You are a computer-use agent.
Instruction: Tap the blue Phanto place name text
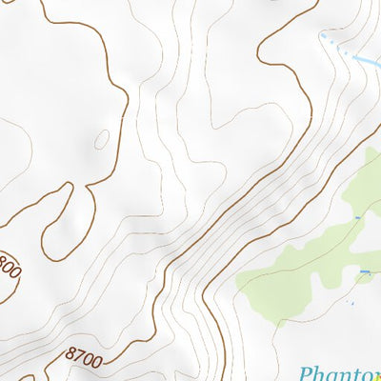[339, 372]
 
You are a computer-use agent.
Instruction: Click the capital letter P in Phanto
[308, 373]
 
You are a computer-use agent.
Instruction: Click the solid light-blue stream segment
[366, 62]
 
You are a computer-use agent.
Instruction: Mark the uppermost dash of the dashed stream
[324, 35]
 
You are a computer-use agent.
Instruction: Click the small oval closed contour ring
[101, 139]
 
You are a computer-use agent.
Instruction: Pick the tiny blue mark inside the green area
[357, 218]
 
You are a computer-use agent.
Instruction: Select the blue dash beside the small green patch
[365, 272]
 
